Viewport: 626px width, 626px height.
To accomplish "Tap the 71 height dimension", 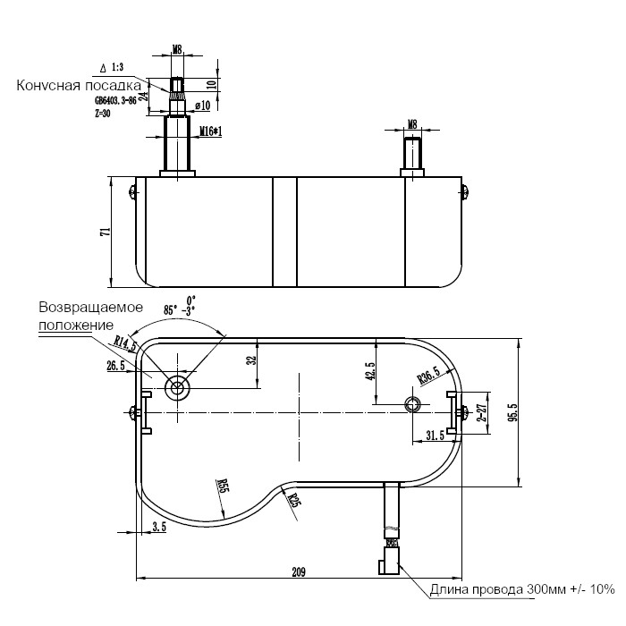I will pos(105,231).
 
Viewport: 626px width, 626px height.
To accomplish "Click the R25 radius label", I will pos(293,499).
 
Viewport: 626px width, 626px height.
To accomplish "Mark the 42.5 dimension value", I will pos(369,370).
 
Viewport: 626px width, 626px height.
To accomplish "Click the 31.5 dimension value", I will pos(435,436).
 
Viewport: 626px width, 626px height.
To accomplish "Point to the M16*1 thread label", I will pos(210,131).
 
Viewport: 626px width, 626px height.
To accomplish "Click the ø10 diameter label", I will pos(202,106).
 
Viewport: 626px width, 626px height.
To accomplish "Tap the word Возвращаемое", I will pos(84,307).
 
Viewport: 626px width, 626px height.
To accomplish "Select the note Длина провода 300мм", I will pos(522,588).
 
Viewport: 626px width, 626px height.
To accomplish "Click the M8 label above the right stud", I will pos(412,123).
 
